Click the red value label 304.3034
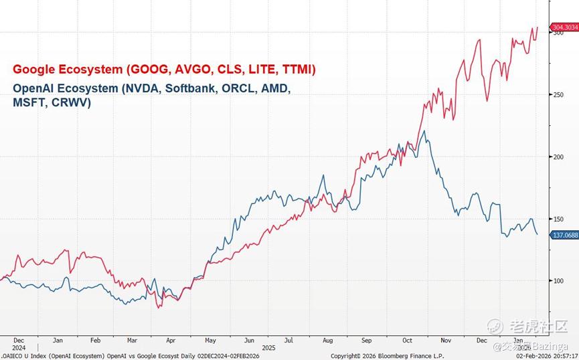pyautogui.click(x=564, y=27)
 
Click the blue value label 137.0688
pyautogui.click(x=564, y=235)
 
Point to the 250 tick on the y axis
pyautogui.click(x=557, y=95)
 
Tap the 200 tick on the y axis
pyautogui.click(x=557, y=157)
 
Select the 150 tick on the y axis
pyautogui.click(x=557, y=219)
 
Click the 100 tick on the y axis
pyautogui.click(x=557, y=280)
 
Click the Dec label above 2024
pyautogui.click(x=18, y=340)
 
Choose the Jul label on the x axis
pyautogui.click(x=288, y=340)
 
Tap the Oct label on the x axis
pyautogui.click(x=406, y=340)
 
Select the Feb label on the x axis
pyautogui.click(x=95, y=340)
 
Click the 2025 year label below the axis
pyautogui.click(x=269, y=348)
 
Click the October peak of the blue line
pyautogui.click(x=426, y=131)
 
